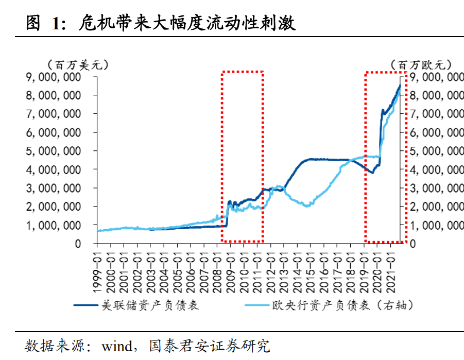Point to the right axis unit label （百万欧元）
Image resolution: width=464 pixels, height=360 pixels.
421,65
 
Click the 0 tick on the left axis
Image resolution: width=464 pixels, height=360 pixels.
78,244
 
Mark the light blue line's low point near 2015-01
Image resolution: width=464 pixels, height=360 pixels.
307,206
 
